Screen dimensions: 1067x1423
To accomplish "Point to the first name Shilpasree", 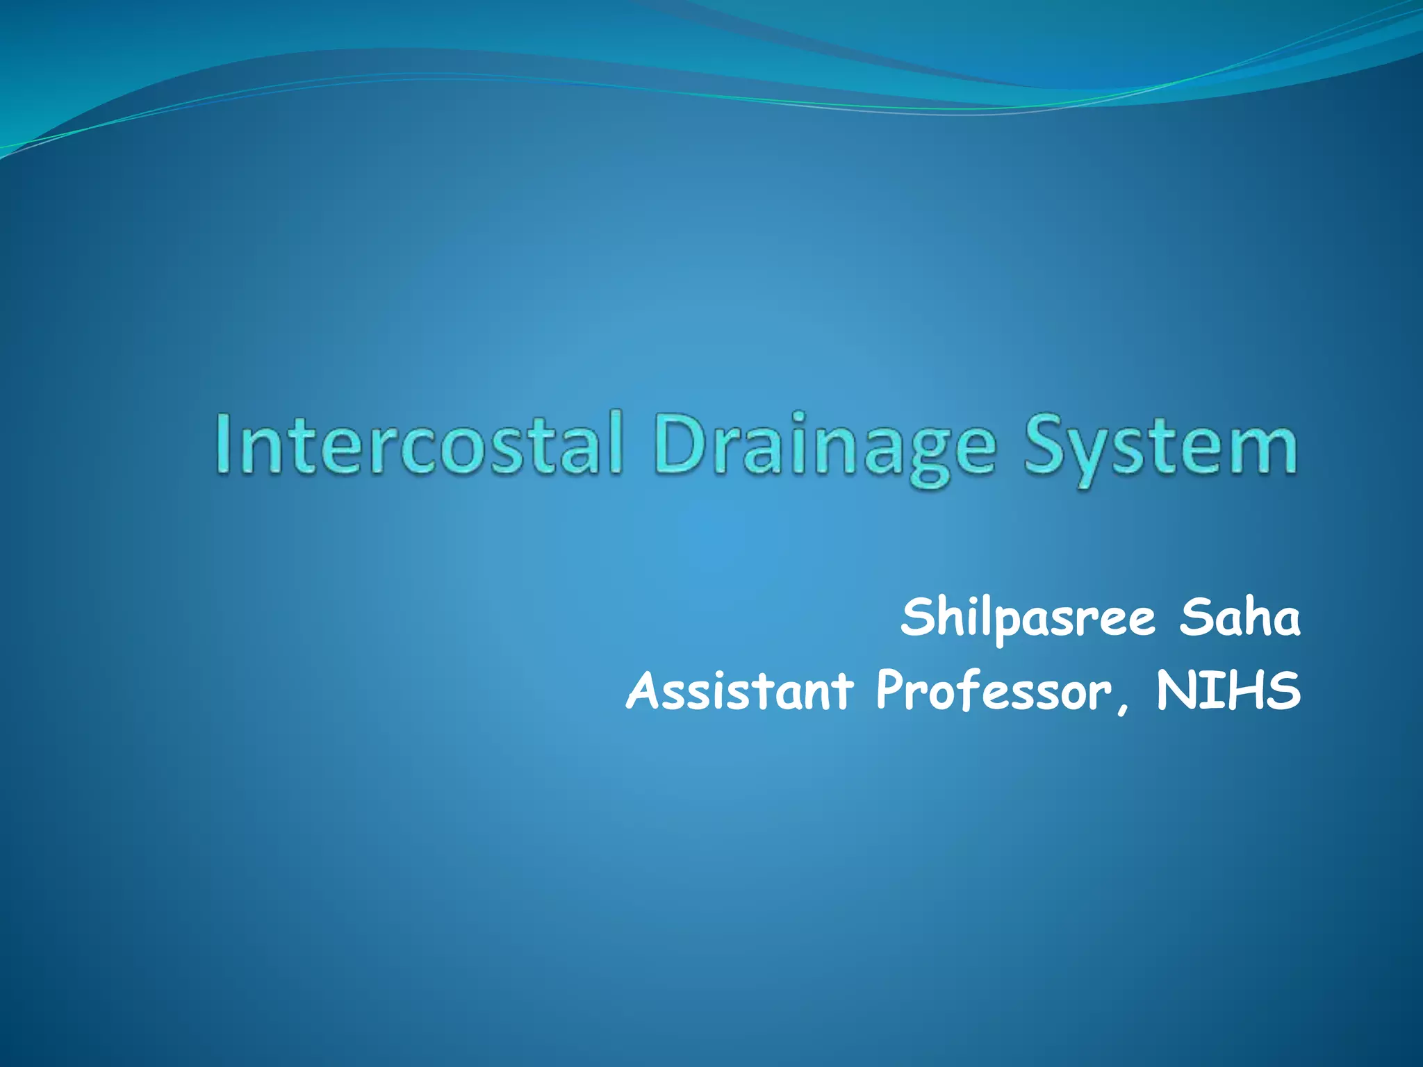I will pos(1028,618).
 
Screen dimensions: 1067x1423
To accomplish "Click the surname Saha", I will pos(1240,618).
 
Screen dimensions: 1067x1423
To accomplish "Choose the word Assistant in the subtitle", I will pos(739,691).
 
